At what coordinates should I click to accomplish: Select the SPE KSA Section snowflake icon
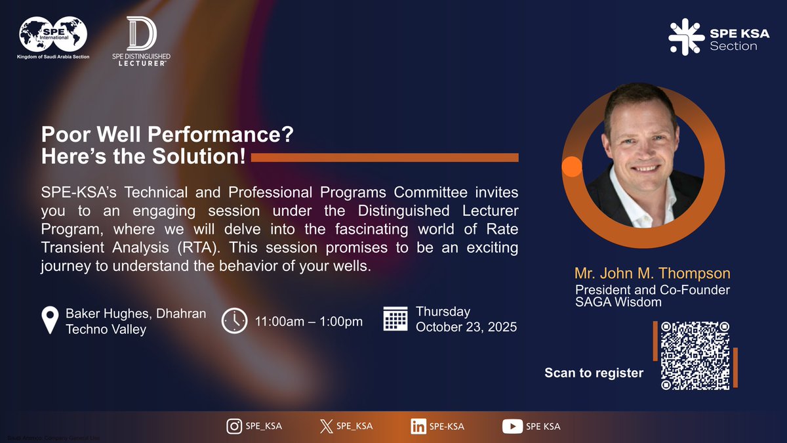coord(685,37)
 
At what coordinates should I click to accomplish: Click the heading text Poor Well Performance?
coord(167,136)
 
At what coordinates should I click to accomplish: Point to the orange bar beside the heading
coord(384,158)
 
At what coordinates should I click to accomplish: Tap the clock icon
coord(234,320)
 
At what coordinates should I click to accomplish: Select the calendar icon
coord(395,319)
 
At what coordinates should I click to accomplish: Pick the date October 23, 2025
coord(466,327)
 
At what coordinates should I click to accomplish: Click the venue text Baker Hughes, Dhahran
coord(136,314)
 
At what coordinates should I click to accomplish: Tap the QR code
coord(695,356)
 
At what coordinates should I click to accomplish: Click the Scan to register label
coord(594,373)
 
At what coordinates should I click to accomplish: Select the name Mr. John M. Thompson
coord(652,273)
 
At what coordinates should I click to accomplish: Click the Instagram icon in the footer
coord(234,426)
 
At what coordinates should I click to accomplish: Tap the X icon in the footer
coord(326,426)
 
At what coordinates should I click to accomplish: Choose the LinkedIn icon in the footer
coord(418,426)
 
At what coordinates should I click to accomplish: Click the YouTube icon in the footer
coord(512,426)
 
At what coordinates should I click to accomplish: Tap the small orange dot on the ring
coord(572,167)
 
